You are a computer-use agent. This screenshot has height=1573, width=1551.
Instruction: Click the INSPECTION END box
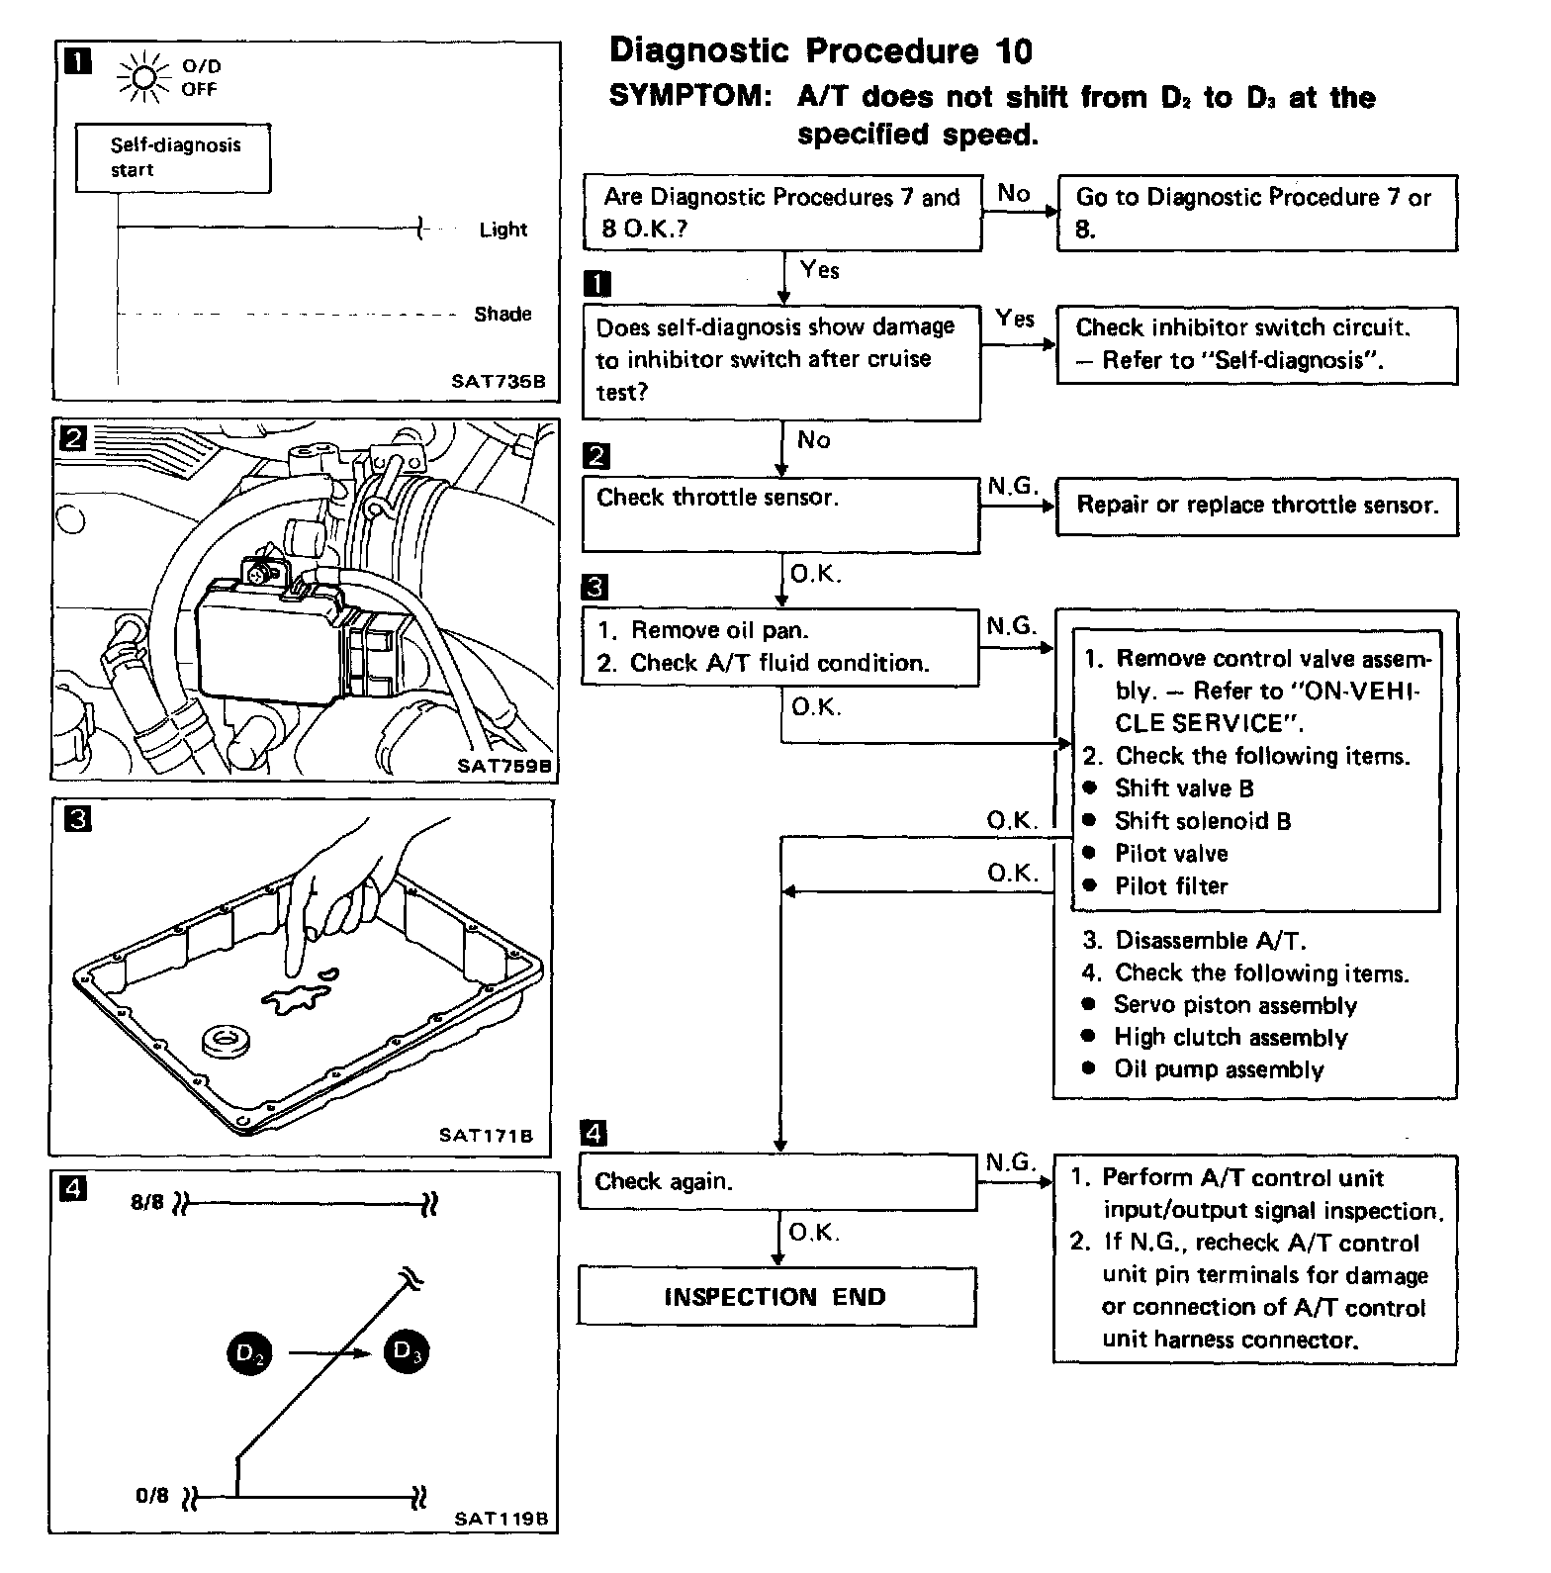776,1296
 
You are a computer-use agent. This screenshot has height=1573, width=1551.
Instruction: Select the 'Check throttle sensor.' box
780,513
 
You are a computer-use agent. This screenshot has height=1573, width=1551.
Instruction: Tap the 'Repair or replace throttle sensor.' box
1257,506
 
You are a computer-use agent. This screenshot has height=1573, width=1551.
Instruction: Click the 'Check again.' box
777,1181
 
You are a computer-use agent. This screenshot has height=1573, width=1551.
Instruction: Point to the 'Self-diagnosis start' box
174,157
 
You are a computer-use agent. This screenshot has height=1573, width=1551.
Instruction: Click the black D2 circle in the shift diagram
249,1353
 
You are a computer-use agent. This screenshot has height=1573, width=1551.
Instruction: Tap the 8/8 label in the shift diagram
146,1204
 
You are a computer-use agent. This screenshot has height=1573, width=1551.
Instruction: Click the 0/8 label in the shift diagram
151,1495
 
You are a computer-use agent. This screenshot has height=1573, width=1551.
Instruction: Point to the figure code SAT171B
486,1135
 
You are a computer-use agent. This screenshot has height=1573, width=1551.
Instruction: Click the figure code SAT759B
503,765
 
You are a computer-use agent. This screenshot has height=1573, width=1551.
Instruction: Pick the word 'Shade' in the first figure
502,315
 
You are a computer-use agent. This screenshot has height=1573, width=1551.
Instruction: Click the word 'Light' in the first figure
503,230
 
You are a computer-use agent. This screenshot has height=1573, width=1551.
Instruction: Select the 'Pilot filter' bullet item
1170,886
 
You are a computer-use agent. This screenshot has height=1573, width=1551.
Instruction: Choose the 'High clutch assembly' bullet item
1230,1038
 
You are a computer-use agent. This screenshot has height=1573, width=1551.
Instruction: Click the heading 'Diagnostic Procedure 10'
820,50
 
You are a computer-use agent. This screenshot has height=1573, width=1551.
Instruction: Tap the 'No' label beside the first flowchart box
1013,194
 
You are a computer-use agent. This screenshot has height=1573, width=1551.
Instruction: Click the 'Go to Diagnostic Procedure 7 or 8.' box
1257,213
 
